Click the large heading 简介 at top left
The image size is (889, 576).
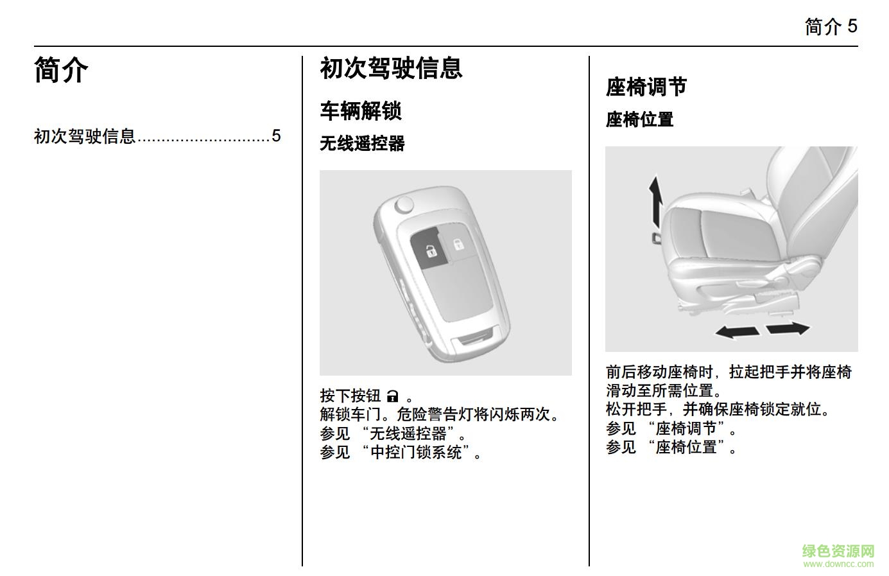click(61, 70)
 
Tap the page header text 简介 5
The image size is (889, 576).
click(831, 26)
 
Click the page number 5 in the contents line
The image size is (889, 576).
click(276, 136)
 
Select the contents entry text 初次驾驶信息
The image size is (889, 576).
click(85, 136)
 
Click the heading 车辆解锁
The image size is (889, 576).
click(361, 110)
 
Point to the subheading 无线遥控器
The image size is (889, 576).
click(362, 143)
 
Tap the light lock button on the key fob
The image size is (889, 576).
click(458, 243)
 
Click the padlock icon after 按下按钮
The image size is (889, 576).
click(393, 396)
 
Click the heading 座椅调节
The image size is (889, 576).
click(646, 87)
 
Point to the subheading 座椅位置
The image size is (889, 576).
click(639, 119)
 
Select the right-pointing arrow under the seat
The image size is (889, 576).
click(788, 328)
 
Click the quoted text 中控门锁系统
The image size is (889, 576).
click(417, 452)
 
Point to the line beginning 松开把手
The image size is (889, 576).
click(718, 409)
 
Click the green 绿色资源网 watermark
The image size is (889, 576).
click(838, 552)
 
